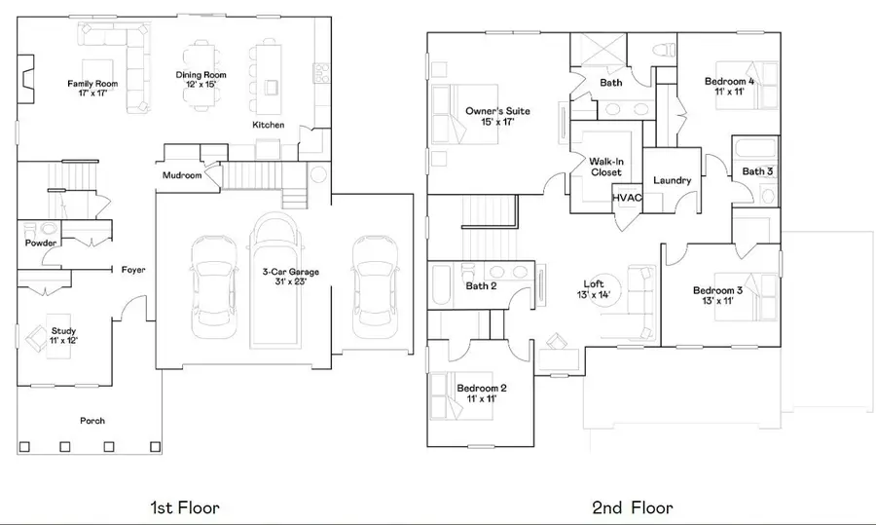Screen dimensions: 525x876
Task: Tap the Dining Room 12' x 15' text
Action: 201,80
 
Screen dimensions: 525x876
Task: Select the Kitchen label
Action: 268,126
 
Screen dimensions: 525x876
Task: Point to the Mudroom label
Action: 182,175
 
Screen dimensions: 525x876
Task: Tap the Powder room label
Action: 40,243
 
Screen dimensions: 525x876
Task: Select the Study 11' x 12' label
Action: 63,336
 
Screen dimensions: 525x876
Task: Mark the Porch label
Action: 93,421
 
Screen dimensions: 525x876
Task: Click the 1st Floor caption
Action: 184,507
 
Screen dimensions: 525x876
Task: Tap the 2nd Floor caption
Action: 632,507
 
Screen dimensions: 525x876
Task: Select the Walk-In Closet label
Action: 605,167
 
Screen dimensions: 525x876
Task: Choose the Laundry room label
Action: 672,180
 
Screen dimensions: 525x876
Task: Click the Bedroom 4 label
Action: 729,87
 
